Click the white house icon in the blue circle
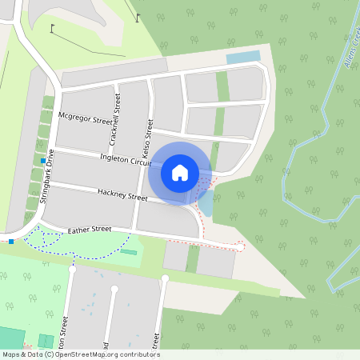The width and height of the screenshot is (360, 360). tap(180, 172)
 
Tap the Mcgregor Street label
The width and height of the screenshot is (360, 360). tap(86, 120)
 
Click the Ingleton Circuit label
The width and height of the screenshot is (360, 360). tap(126, 160)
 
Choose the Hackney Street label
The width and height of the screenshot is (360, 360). tap(122, 194)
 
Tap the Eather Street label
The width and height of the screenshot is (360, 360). tap(90, 230)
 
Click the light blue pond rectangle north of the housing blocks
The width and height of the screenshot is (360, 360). tap(243, 58)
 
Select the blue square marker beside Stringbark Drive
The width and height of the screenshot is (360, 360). tap(42, 161)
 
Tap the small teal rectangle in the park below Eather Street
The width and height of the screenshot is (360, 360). tap(128, 252)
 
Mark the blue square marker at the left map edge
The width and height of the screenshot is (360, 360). tap(11, 241)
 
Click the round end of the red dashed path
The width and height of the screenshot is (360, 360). tap(241, 247)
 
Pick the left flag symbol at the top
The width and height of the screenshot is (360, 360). tap(53, 29)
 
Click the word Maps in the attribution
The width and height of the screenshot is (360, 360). tap(11, 354)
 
